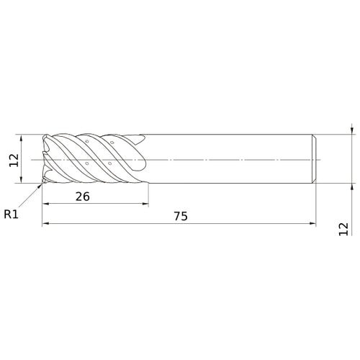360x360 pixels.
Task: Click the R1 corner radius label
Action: (x=11, y=214)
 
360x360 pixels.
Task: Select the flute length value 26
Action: (x=83, y=197)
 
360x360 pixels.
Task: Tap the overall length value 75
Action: (x=181, y=216)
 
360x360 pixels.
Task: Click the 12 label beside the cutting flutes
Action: (x=14, y=160)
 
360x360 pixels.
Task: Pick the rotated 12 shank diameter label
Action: (x=343, y=229)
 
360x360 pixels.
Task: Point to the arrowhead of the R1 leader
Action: (x=40, y=186)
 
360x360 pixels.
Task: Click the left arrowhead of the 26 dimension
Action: (x=45, y=204)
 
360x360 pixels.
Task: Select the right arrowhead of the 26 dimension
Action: (x=145, y=204)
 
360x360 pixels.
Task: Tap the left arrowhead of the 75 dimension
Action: (x=45, y=223)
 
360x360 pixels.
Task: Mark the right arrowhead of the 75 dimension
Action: (x=312, y=223)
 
